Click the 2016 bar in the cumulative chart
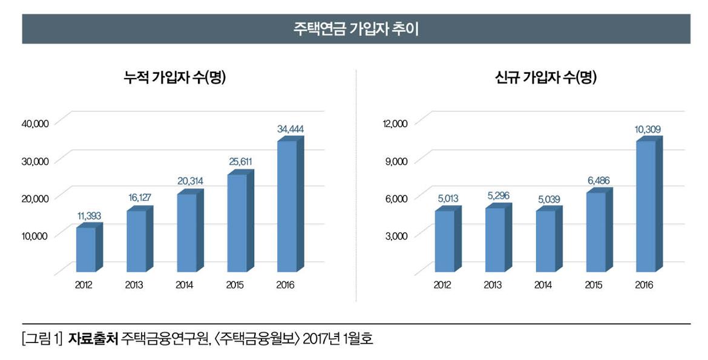287,206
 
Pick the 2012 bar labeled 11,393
86,249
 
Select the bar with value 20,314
186,232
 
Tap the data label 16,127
140,198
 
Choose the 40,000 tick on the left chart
34,123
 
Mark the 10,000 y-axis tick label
34,235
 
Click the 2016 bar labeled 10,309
646,206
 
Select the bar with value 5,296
495,240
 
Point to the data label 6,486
598,180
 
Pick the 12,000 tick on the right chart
396,123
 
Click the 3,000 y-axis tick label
397,235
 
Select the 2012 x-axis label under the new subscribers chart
442,285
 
